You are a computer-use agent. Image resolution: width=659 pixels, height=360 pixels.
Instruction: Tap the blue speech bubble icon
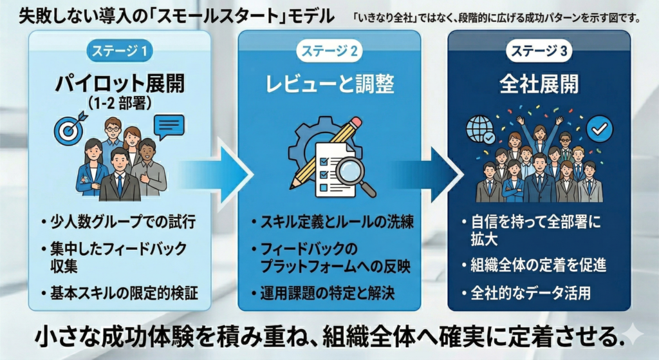point(169,125)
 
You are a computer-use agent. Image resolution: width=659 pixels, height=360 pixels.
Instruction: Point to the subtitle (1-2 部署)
point(121,103)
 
